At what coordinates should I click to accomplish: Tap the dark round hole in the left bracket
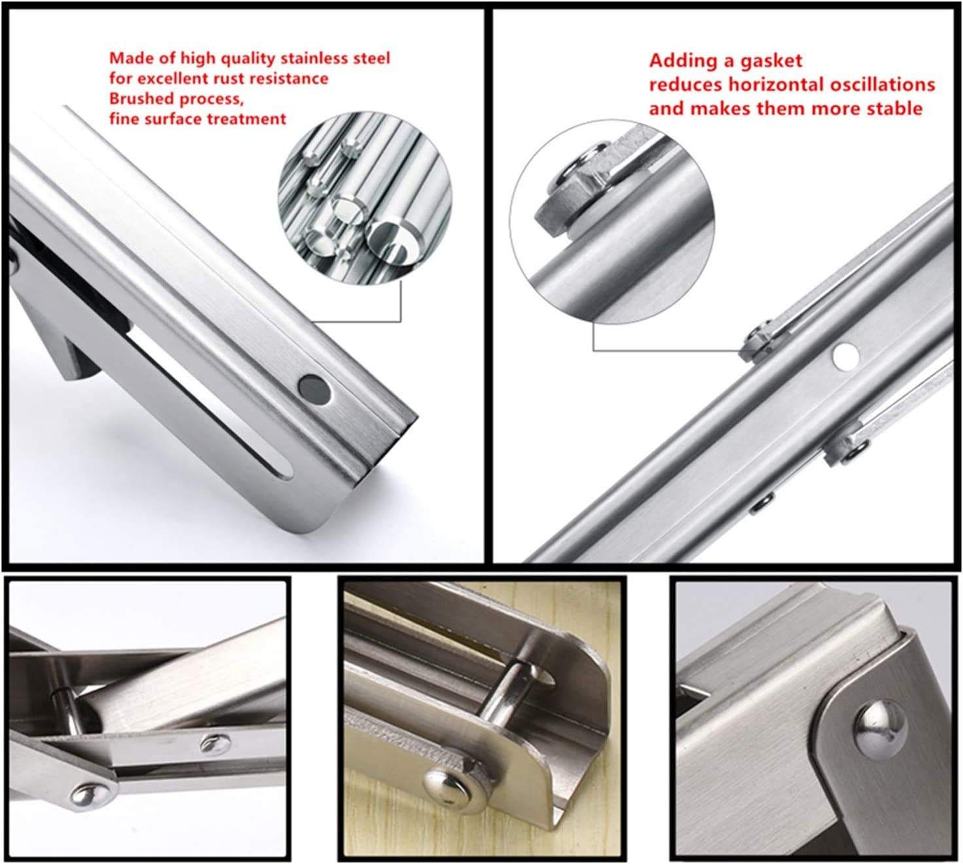(x=314, y=390)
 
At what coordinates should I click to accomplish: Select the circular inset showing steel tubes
(x=365, y=198)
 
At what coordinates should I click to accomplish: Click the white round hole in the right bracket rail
(x=846, y=356)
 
